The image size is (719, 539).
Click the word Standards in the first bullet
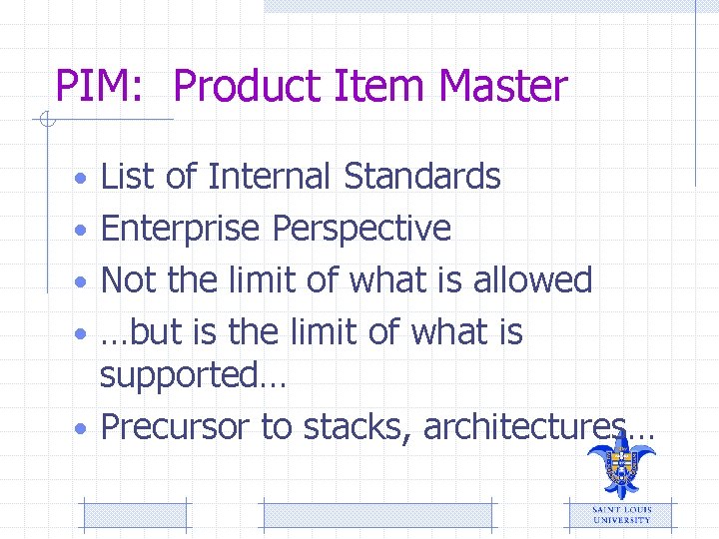coord(421,177)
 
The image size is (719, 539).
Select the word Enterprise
coord(182,229)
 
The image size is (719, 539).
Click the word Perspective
coord(361,229)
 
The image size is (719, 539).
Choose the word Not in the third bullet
coord(130,279)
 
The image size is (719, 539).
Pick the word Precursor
coord(176,427)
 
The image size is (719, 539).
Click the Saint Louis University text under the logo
coord(621,514)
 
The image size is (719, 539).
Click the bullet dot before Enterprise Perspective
coord(84,231)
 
